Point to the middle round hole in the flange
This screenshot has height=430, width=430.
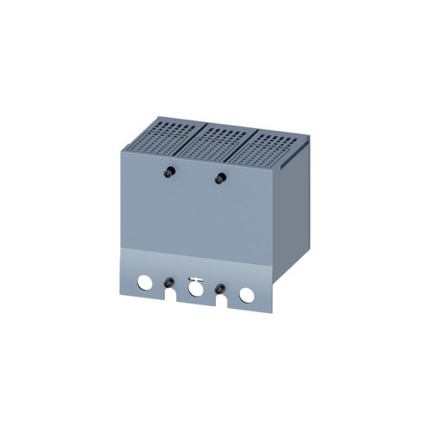[195, 289]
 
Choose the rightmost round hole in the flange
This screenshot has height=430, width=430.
[247, 294]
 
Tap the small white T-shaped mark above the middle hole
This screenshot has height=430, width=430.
[195, 277]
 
